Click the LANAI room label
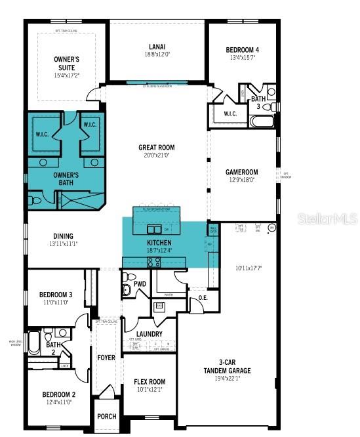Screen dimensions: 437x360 coord(157,47)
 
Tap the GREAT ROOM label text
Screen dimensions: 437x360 coord(156,148)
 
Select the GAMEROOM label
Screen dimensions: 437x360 coord(241,172)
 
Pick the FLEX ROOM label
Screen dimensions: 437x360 coord(150,382)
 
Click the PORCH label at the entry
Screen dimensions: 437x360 coord(106,415)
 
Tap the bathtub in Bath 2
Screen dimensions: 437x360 coord(34,343)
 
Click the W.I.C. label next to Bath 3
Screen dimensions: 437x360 coord(230,113)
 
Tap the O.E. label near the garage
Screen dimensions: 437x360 coord(203,298)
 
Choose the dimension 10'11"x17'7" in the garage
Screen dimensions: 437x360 coord(248,267)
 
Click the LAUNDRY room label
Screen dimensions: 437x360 coord(150,334)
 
